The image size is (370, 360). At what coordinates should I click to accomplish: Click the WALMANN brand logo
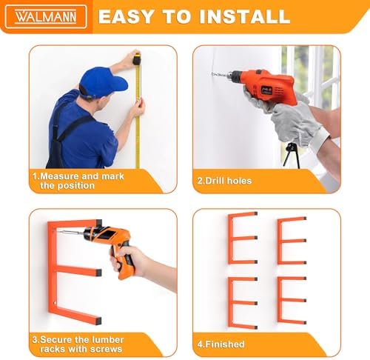point(46,16)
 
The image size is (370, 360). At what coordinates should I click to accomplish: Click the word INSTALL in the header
point(245,16)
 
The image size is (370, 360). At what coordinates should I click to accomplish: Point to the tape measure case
point(136,60)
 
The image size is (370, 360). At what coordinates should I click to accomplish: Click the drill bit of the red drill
point(220,74)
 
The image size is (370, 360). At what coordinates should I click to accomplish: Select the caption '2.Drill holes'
point(224,181)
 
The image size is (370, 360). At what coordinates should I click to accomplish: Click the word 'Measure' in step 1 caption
point(59,176)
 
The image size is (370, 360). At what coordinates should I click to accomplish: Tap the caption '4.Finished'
point(221,344)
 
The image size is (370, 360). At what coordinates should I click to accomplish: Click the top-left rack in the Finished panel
point(243,238)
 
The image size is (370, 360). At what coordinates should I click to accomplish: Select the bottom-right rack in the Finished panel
point(292,300)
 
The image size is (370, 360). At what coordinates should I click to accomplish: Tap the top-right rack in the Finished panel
point(292,241)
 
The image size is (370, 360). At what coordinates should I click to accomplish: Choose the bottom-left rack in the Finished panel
point(243,303)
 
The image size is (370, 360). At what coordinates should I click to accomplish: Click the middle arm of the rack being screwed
point(79,270)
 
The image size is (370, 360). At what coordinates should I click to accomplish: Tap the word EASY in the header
point(127,16)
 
